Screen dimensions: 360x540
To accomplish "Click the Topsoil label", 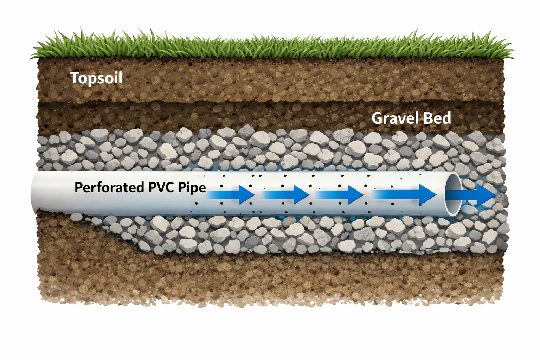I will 96,78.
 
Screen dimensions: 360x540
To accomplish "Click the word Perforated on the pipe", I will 109,187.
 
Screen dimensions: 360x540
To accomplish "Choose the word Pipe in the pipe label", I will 192,187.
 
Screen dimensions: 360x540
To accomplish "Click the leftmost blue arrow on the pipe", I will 230,194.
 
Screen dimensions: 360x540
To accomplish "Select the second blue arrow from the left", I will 285,194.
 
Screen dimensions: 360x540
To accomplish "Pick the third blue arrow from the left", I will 340,194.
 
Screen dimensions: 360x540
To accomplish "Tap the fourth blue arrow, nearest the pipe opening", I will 404,194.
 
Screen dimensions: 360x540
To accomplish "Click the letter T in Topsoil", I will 75,78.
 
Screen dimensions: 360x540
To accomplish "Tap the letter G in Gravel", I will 378,118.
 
